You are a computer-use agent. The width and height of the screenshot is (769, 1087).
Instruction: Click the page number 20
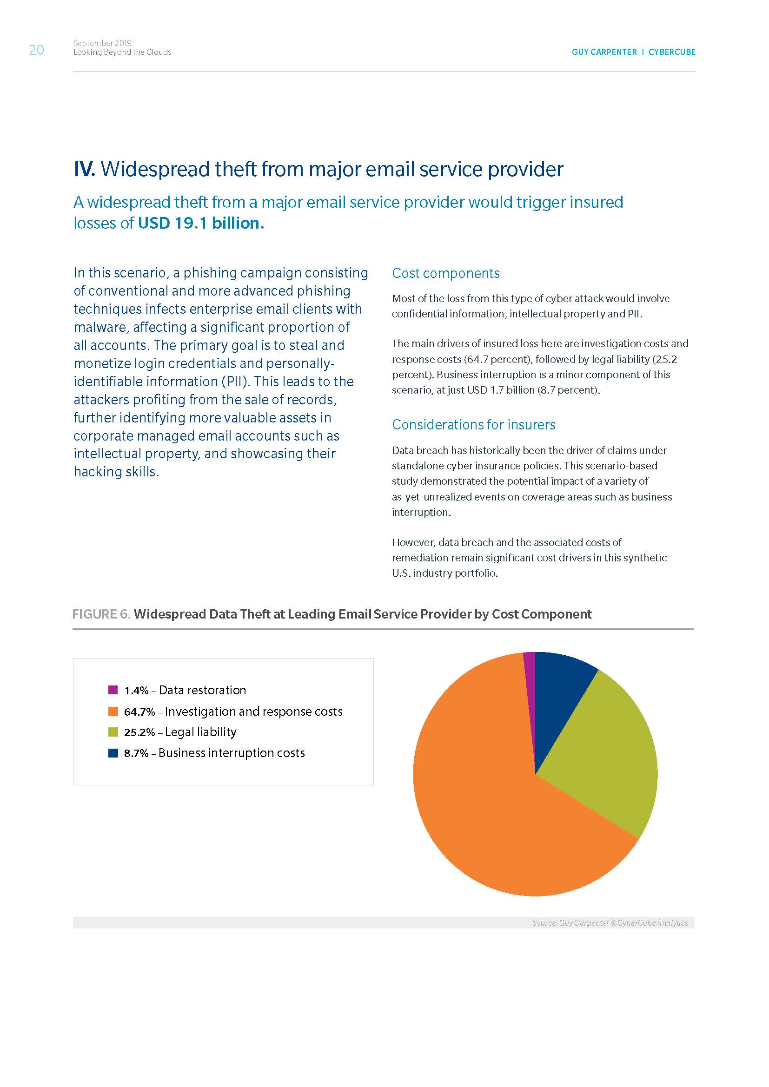click(x=36, y=50)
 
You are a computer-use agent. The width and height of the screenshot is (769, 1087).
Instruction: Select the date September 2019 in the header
click(x=102, y=43)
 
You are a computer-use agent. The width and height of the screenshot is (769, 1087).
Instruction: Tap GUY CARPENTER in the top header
click(x=604, y=52)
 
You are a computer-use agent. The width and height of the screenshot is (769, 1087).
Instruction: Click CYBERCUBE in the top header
click(x=672, y=52)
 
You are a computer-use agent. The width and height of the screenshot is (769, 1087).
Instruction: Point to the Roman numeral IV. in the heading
click(x=85, y=170)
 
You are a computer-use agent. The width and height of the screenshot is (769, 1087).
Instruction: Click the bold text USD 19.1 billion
click(x=199, y=223)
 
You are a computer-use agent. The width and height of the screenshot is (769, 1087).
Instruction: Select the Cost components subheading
click(x=445, y=273)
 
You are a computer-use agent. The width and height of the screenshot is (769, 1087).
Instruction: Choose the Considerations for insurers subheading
click(x=473, y=425)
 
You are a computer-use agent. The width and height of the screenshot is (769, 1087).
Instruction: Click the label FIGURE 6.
click(x=101, y=614)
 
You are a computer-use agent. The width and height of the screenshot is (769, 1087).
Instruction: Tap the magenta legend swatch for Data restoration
click(x=113, y=690)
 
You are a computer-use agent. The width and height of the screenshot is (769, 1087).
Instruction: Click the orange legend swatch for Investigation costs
click(x=113, y=711)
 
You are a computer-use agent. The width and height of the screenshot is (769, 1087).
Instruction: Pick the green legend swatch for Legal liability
click(x=113, y=732)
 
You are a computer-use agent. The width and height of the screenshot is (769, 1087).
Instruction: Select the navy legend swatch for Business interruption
click(x=113, y=753)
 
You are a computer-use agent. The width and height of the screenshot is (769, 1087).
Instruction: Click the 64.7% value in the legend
click(x=139, y=711)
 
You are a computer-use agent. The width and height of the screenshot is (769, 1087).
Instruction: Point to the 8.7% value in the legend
click(x=136, y=753)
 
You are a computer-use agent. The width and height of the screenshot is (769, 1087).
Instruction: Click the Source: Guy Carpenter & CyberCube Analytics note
click(x=610, y=923)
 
